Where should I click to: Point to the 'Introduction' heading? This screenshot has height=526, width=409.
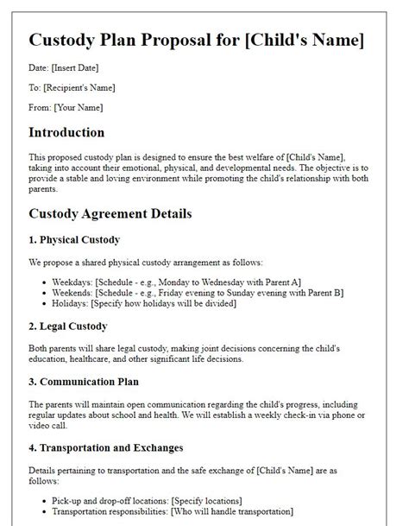[66, 132]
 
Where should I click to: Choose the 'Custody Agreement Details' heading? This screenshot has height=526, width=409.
[110, 212]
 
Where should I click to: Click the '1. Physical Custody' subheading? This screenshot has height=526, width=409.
[74, 238]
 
